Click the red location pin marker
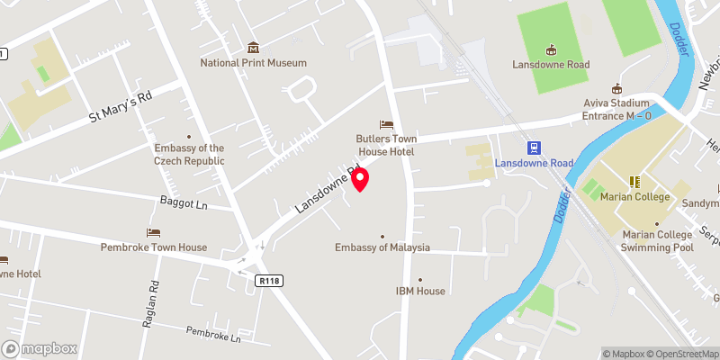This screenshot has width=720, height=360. coord(360,178)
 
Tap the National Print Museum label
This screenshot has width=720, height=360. coord(253,63)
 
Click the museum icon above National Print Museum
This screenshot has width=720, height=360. coord(253,48)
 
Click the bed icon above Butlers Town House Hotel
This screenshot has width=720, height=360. coord(387,123)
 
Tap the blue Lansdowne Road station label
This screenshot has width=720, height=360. coord(535,164)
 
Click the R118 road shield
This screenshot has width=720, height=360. coord(268,282)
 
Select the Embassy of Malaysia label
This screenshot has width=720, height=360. coord(382,247)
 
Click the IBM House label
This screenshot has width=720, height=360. coord(420,291)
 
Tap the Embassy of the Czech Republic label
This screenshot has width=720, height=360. coord(189,154)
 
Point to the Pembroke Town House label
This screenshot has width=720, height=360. coord(154,247)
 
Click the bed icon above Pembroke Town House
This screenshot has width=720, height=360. coord(154,232)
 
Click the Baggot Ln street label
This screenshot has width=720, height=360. coord(184,206)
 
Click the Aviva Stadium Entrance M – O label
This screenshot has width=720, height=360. coord(616,109)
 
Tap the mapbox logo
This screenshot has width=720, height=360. coord(40,348)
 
